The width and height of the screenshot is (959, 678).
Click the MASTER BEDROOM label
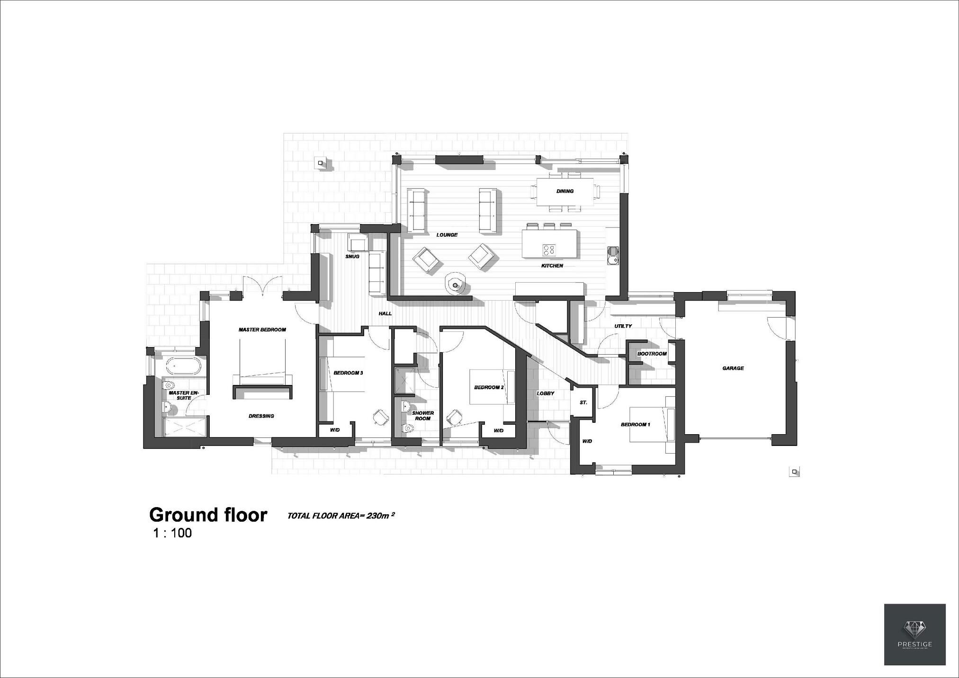point(262,330)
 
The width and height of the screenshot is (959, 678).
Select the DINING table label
point(565,191)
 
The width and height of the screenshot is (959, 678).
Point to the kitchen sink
point(612,255)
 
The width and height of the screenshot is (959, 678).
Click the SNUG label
point(352,257)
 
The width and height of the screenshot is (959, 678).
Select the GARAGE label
point(733,368)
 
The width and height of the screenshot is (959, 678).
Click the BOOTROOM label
point(652,354)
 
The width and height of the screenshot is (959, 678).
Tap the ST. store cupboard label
point(583,402)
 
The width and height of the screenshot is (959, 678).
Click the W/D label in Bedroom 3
point(335,430)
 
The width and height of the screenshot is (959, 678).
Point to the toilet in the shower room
point(407,429)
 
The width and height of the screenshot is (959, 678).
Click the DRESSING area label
point(261,416)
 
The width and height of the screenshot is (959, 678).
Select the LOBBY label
point(545,393)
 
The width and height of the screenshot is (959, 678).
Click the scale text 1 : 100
point(172,533)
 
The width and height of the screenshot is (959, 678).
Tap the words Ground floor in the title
point(208,515)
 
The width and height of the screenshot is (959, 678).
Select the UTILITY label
point(623,326)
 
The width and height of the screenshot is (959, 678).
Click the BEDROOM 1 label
point(635,425)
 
